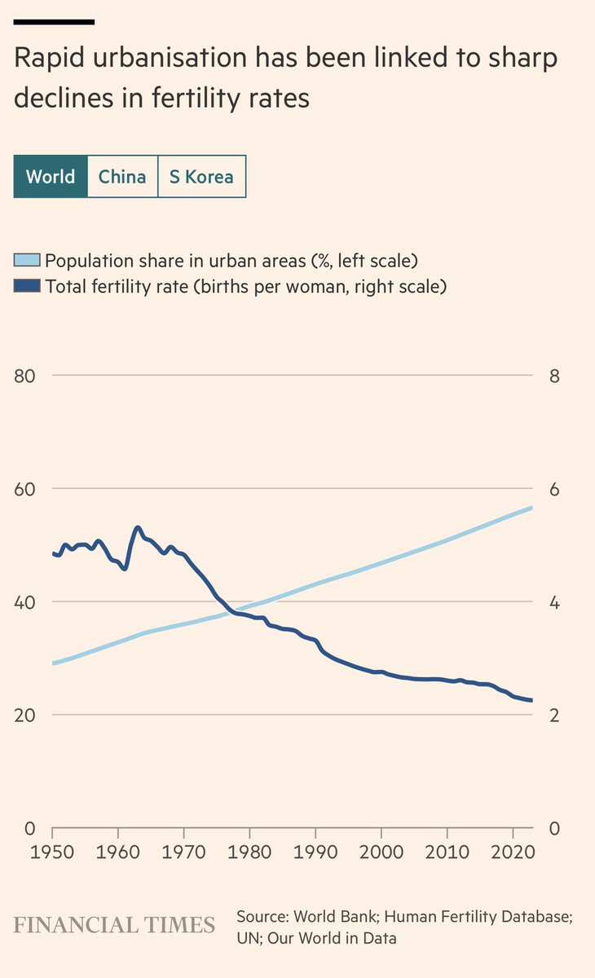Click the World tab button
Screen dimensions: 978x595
51,176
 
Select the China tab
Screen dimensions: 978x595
122,176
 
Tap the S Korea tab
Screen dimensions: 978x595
201,176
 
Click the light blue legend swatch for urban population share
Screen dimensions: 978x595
28,261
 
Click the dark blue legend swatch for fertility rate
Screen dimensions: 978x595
28,286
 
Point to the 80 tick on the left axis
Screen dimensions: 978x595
25,376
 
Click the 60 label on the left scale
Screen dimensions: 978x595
25,489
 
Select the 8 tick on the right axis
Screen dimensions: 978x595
556,376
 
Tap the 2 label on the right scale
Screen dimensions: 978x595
556,715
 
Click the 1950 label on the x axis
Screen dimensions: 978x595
52,850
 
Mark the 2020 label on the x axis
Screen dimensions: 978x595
513,850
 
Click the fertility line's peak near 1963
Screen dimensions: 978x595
137,528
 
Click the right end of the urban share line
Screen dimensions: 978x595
531,508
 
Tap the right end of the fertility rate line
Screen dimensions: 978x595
531,700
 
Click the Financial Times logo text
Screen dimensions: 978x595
114,925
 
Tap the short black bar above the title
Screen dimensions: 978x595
54,20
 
